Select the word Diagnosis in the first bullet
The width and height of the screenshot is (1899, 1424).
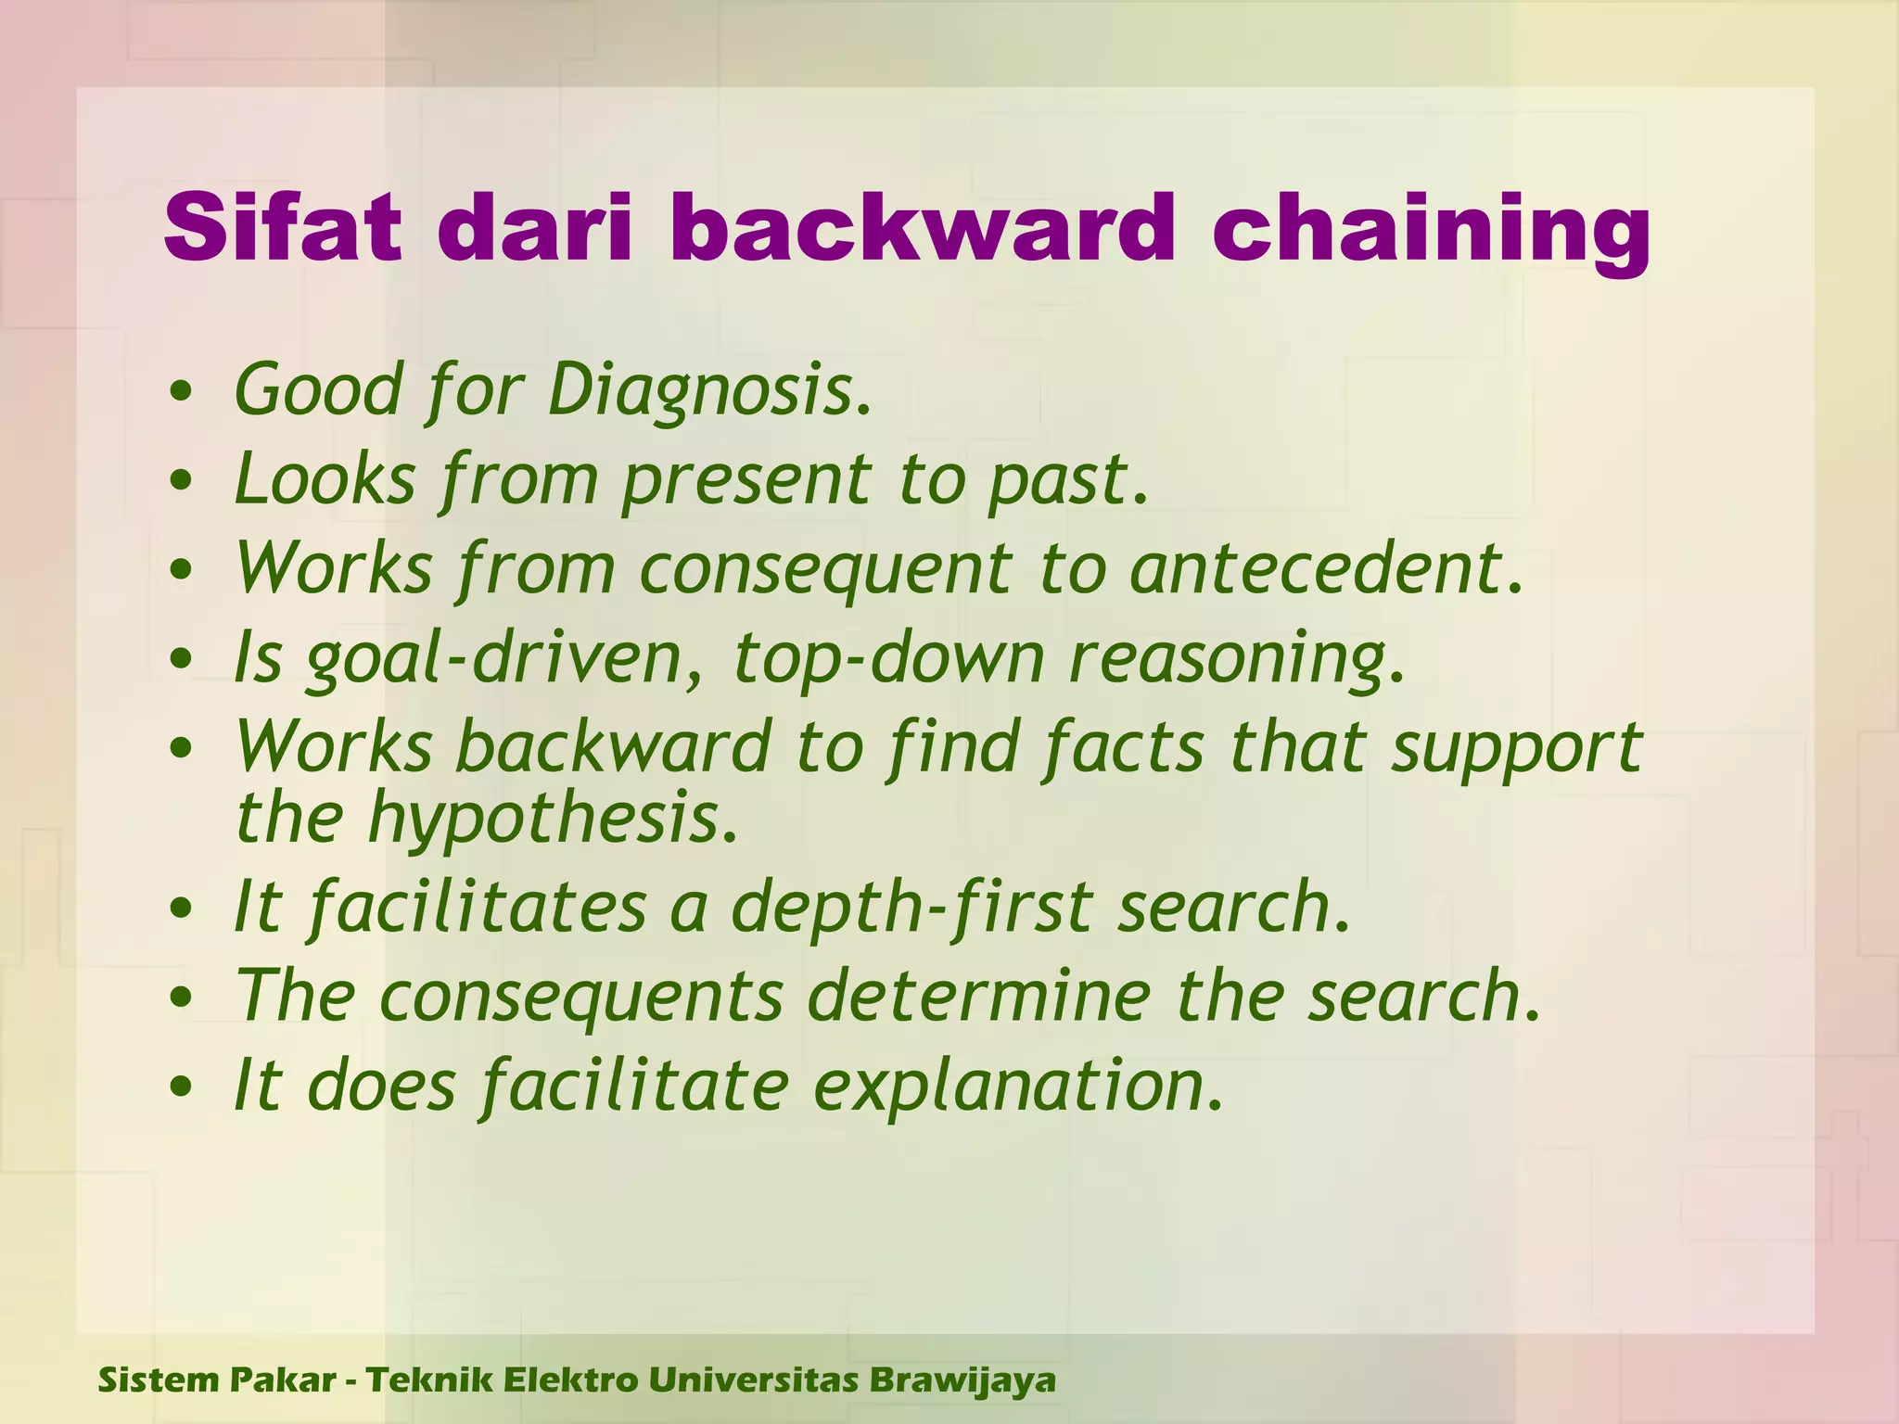click(x=708, y=390)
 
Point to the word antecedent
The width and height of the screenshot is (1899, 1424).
click(x=1326, y=567)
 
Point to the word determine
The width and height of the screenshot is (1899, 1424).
click(x=979, y=996)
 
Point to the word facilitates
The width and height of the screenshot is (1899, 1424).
click(x=477, y=907)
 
